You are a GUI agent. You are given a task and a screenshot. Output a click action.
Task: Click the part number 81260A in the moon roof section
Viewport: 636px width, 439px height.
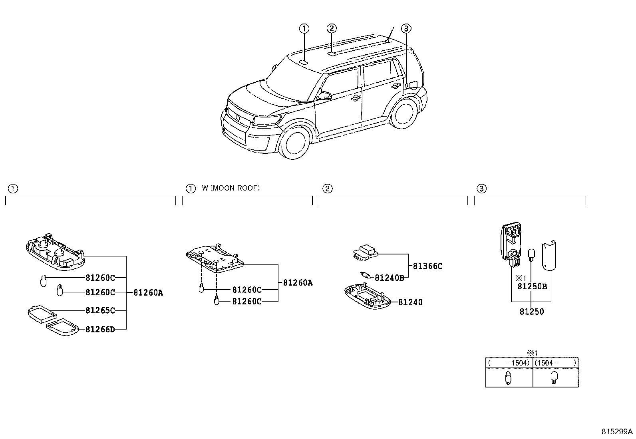298,283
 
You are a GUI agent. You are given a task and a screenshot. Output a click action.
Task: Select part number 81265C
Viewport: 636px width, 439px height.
100,310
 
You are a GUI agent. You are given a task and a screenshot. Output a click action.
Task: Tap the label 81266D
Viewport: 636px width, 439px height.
100,329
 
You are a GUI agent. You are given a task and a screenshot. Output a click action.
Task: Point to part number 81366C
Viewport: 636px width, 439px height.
427,266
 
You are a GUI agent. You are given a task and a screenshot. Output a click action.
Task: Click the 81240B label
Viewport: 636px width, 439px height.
389,277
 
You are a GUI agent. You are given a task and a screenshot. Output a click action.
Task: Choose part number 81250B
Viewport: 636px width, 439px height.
532,286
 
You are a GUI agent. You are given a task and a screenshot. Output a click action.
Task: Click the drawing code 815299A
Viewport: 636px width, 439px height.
617,432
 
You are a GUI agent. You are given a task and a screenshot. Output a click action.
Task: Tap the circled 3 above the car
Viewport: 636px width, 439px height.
406,28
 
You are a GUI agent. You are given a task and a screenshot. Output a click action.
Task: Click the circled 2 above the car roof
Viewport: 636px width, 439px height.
331,28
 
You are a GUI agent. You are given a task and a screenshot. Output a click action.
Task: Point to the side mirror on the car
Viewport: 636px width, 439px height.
325,95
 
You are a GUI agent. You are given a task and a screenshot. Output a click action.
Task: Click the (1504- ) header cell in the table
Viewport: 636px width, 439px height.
555,363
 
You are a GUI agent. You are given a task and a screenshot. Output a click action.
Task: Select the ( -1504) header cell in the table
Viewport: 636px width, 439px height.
509,363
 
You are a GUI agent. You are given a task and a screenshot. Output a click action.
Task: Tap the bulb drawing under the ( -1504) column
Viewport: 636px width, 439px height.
508,377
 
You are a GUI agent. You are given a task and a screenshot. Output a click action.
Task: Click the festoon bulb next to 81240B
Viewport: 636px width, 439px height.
366,275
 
